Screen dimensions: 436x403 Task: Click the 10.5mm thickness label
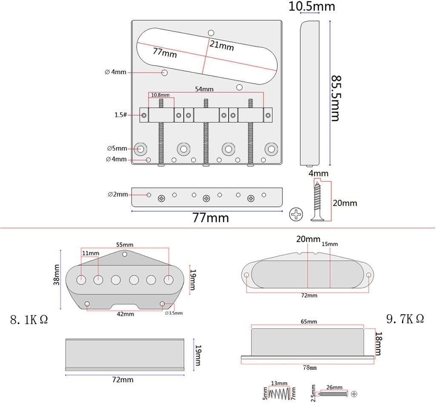312,6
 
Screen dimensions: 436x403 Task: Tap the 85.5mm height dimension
336,98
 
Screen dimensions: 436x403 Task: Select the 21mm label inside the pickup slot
221,45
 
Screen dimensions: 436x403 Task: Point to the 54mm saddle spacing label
204,89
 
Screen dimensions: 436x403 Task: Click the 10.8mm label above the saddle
160,95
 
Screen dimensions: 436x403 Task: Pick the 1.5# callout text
120,115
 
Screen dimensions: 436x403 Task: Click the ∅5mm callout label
117,148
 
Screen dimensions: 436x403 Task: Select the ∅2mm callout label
118,194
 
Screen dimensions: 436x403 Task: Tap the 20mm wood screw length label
345,203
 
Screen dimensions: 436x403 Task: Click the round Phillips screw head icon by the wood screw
296,215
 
